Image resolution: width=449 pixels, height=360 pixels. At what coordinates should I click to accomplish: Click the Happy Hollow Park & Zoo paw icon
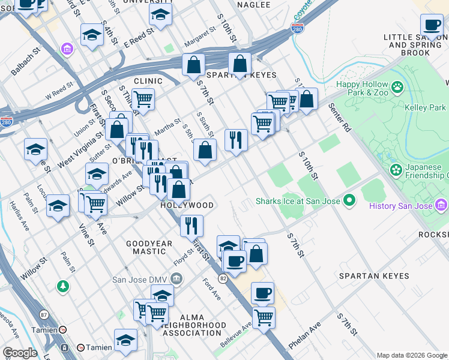pos(397,89)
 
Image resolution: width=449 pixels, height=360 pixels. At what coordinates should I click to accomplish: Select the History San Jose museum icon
pos(442,206)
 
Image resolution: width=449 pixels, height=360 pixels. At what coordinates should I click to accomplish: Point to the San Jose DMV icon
pos(176,278)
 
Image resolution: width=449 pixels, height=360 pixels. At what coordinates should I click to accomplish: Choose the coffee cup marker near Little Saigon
pos(431,26)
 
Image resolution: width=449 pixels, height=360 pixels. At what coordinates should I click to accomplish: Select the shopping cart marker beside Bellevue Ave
pos(263,318)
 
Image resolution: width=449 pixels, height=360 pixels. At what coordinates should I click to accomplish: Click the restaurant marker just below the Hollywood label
pos(191,226)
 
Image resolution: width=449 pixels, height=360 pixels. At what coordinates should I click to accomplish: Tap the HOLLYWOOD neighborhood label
pos(187,205)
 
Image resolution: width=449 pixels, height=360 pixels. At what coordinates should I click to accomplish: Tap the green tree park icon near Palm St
pos(62,286)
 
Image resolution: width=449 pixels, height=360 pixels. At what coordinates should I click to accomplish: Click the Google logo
pos(20,353)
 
